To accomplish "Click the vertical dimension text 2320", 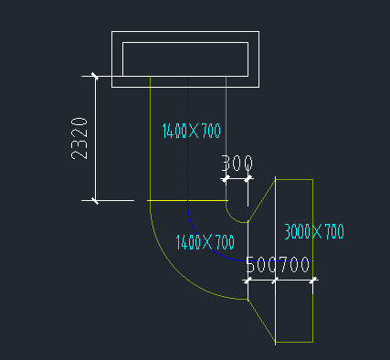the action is click(79, 138).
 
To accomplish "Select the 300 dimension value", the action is click(237, 164).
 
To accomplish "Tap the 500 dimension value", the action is click(260, 264).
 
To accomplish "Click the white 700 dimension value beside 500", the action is click(294, 264).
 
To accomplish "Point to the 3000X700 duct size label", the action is click(314, 231).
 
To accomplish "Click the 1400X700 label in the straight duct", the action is click(192, 131).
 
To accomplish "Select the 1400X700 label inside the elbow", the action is click(206, 242).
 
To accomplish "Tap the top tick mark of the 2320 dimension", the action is click(95, 76).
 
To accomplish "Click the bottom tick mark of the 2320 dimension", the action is click(95, 201).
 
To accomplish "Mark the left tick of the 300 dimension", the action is click(226, 179).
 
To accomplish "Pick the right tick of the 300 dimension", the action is click(248, 179).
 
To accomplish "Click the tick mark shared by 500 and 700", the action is click(275, 281).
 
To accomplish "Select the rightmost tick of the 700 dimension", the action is click(313, 281).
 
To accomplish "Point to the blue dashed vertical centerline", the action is click(187, 139).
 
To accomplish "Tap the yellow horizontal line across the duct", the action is click(187, 201).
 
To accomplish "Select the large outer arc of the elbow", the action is click(178, 271).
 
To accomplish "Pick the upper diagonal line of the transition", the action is click(262, 200).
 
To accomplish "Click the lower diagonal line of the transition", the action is click(262, 321).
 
